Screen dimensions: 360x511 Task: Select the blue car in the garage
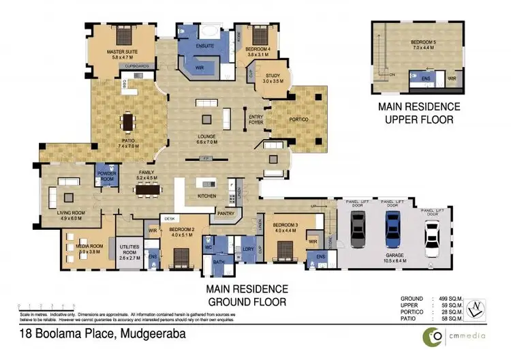tap(392, 228)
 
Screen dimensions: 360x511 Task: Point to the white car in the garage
tap(431, 239)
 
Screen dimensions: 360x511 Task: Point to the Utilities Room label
tap(129, 252)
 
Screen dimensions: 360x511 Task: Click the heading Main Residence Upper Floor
tap(420, 113)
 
